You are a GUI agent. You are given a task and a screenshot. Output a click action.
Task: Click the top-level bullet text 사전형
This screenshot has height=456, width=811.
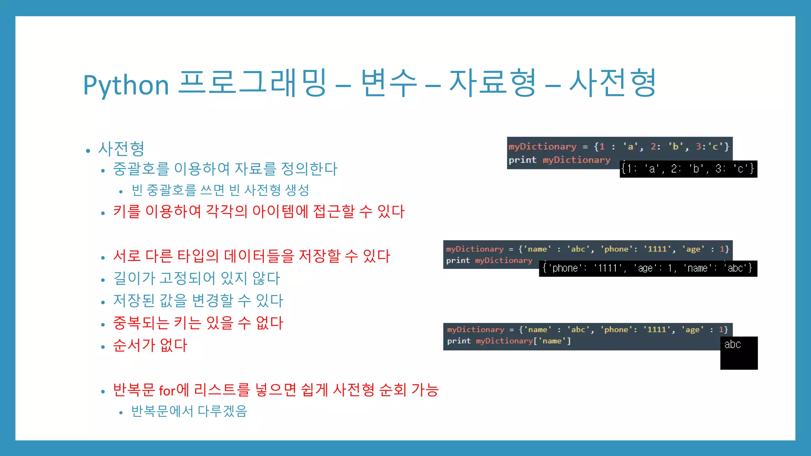(x=121, y=149)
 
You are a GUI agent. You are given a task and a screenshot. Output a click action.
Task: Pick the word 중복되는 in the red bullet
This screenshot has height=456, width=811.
(x=141, y=323)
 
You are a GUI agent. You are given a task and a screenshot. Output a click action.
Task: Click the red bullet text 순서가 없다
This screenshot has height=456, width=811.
(x=150, y=345)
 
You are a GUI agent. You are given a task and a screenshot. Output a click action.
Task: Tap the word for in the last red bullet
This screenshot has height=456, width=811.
(x=167, y=391)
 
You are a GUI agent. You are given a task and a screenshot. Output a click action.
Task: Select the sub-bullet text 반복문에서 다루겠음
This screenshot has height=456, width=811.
(x=189, y=411)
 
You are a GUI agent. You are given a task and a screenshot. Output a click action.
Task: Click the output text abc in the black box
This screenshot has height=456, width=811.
(x=732, y=344)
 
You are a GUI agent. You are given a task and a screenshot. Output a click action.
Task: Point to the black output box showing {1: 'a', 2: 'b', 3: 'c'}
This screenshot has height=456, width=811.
(x=688, y=169)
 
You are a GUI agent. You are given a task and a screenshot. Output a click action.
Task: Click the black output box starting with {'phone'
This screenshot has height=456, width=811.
(x=647, y=268)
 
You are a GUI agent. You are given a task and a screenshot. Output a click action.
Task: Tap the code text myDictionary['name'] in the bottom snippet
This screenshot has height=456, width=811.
(x=523, y=341)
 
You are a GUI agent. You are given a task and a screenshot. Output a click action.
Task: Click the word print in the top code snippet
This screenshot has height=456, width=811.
(x=522, y=160)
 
